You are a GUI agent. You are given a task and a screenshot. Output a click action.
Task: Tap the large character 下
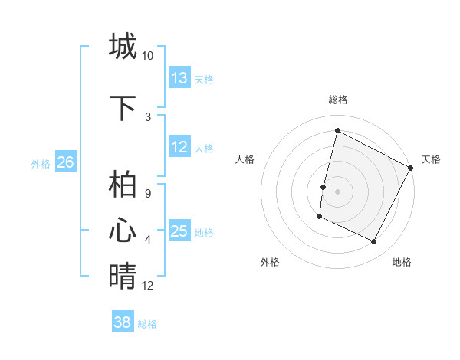(x=123, y=108)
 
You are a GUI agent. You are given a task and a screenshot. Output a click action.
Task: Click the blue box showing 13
(x=179, y=78)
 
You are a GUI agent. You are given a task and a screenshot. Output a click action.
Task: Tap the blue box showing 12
(x=179, y=147)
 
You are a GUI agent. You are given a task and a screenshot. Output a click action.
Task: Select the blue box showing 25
(x=179, y=231)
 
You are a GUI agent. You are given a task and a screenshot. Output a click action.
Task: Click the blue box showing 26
(x=65, y=162)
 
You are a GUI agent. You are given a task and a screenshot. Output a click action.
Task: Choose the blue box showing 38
(x=123, y=322)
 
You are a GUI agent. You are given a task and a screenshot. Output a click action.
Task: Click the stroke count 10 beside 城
(x=147, y=56)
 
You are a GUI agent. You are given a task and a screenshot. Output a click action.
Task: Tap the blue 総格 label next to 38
(x=147, y=324)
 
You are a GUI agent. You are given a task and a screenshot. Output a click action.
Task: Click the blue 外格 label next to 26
(x=41, y=163)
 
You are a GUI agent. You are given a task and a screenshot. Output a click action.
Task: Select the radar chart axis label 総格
(x=337, y=100)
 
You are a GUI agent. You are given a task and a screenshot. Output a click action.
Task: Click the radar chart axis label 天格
(x=431, y=159)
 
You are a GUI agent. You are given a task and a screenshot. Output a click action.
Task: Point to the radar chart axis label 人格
(x=245, y=159)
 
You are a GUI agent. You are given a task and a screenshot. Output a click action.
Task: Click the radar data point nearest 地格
(x=374, y=242)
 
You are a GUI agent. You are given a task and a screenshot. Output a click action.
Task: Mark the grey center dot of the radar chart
(x=337, y=191)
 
